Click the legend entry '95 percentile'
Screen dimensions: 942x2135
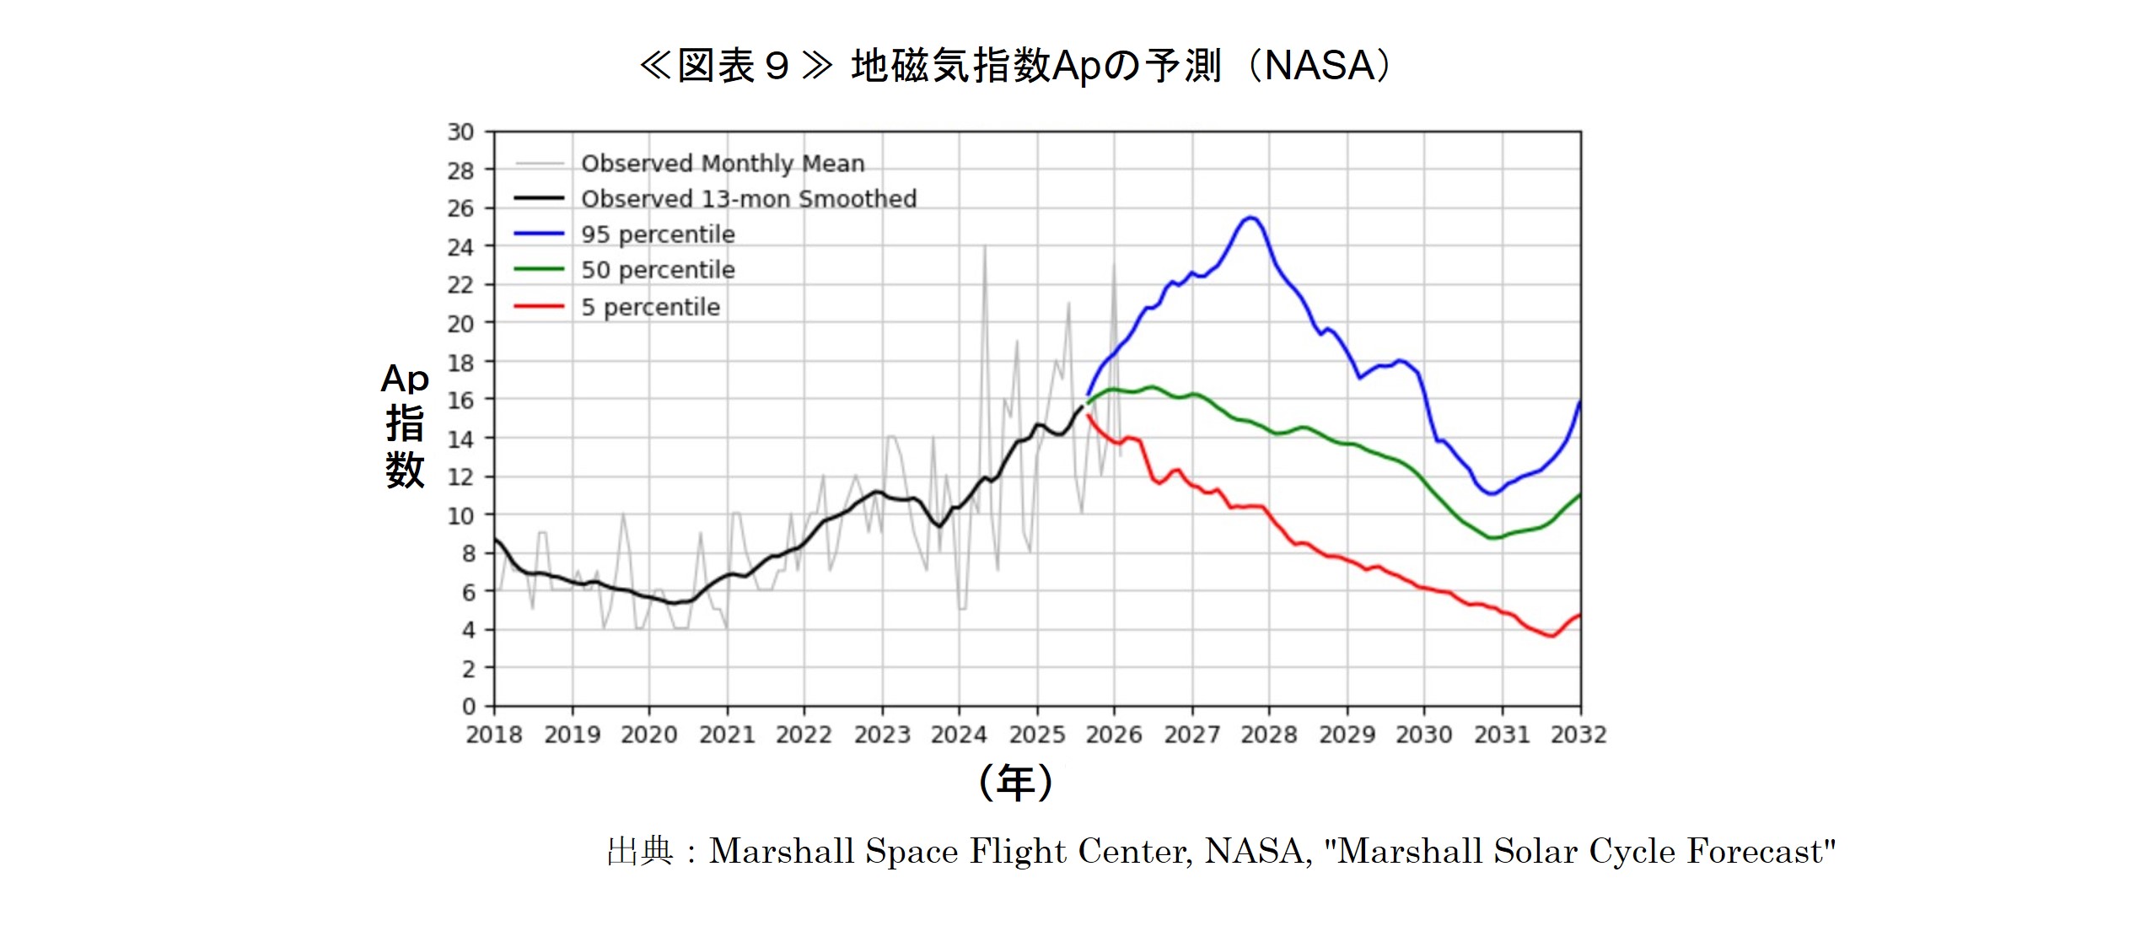[x=658, y=234]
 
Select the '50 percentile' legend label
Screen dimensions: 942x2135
[x=658, y=270]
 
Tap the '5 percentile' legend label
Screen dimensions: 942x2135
[x=650, y=307]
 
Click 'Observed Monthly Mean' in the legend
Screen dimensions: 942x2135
[x=723, y=163]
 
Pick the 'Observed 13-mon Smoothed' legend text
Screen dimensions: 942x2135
[x=748, y=199]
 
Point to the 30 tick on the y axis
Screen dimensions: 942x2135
[x=460, y=132]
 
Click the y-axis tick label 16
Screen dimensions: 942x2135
[x=460, y=401]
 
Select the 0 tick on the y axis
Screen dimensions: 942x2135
[x=468, y=707]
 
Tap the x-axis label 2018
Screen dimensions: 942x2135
[x=494, y=735]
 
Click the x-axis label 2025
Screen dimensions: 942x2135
[x=1037, y=735]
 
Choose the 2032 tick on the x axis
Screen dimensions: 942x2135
[x=1578, y=735]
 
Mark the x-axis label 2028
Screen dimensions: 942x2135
[x=1268, y=735]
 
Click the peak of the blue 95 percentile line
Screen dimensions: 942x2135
[x=1251, y=218]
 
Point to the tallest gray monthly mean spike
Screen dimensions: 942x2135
[x=984, y=246]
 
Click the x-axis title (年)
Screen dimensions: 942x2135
[x=1015, y=783]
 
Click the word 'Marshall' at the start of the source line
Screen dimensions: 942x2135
[x=782, y=852]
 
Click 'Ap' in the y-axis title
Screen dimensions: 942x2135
[x=405, y=379]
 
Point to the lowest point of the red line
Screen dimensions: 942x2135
[x=1552, y=636]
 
